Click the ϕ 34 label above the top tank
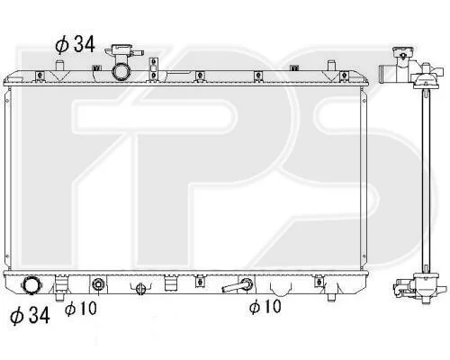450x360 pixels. click(x=75, y=44)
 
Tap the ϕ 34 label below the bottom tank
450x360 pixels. click(x=30, y=316)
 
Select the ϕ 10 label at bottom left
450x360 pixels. click(x=80, y=309)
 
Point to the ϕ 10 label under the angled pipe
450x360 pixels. click(x=265, y=306)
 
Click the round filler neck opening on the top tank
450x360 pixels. click(x=121, y=72)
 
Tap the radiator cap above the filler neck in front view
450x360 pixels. click(x=121, y=50)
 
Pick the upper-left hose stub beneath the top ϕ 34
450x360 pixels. click(x=59, y=65)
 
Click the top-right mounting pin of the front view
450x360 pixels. click(x=331, y=65)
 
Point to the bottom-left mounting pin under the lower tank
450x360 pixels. click(x=59, y=296)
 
